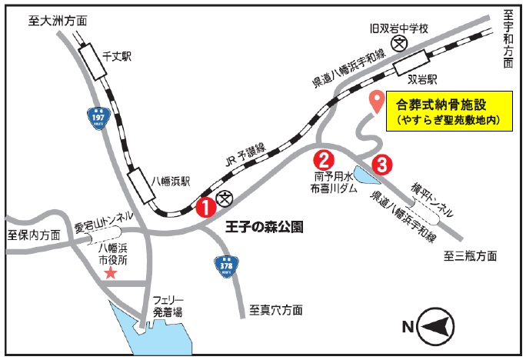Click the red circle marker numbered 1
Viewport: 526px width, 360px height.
(x=205, y=206)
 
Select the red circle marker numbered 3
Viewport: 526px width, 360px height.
(x=382, y=164)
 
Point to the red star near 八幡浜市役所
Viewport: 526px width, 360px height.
(x=111, y=272)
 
